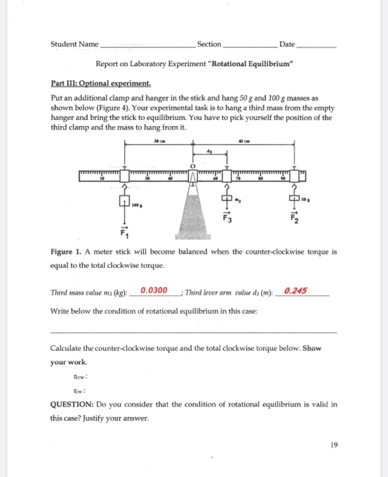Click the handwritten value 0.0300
(153, 290)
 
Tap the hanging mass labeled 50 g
(294, 198)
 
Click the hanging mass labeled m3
(228, 200)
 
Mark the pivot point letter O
(192, 165)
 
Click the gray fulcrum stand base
(193, 215)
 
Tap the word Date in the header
(286, 44)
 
